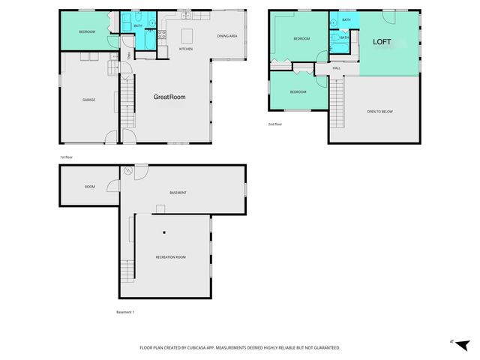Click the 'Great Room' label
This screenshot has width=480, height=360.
coord(169,97)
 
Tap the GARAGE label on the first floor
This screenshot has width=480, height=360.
coord(88,100)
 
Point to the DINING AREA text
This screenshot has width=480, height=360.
coord(227,36)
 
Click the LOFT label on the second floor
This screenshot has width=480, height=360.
coord(382,42)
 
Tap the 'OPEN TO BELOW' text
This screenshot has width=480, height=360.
coord(379,112)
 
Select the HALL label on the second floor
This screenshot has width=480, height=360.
coord(337,68)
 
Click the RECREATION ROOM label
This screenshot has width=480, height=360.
coord(170,257)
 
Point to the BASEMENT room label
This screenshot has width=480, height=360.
coord(178,193)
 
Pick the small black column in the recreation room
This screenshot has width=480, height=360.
coord(163,233)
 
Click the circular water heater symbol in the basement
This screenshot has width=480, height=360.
coord(128,172)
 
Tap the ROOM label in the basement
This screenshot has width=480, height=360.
coord(90,187)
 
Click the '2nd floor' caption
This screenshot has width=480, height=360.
coord(275,124)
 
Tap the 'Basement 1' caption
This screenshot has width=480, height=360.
coord(125,312)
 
